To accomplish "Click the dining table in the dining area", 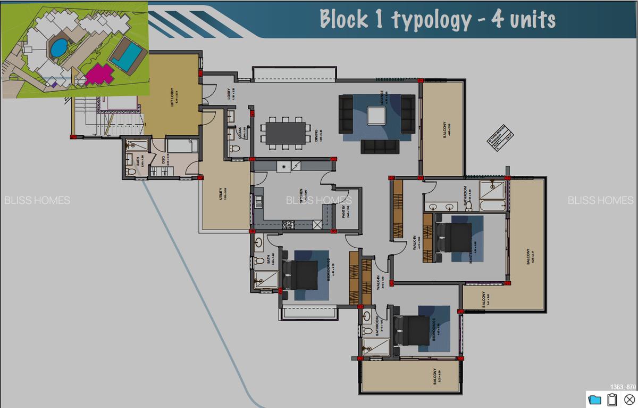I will click(286, 133).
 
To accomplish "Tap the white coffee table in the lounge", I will click(376, 116).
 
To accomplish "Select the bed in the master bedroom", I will click(454, 237).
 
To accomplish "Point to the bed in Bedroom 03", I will click(412, 330).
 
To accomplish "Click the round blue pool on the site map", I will click(58, 48).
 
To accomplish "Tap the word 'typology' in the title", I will click(431, 20).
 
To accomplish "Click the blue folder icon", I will click(594, 399).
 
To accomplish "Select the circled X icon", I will click(629, 399).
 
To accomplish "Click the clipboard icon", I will click(611, 399).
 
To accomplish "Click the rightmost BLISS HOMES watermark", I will click(600, 200).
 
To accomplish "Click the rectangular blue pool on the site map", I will click(127, 56).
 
